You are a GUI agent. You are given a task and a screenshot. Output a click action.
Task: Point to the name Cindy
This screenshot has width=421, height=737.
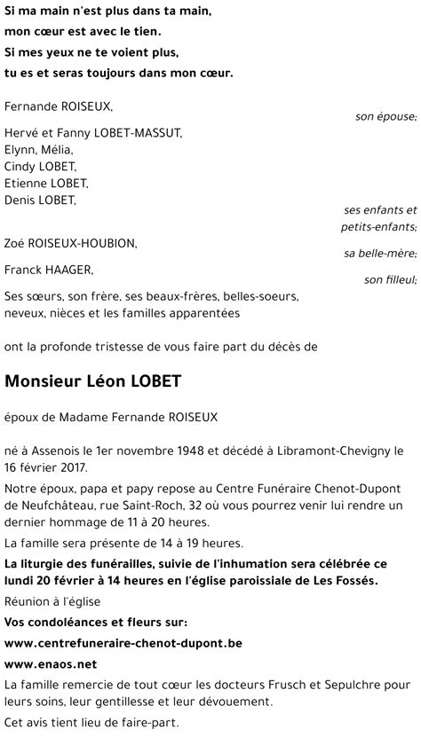[20, 167]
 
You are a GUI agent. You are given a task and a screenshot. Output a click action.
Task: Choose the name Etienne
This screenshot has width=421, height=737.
[27, 184]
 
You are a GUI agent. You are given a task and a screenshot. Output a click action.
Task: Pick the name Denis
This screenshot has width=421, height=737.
[21, 200]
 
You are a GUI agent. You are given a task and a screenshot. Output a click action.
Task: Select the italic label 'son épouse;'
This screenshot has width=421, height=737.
[385, 116]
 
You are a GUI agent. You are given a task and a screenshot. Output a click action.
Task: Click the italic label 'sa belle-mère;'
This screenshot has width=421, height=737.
[380, 254]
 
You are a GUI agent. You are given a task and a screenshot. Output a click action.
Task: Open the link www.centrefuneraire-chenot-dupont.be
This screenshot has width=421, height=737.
[123, 642]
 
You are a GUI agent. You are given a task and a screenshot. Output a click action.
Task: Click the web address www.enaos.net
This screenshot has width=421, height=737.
[51, 663]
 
